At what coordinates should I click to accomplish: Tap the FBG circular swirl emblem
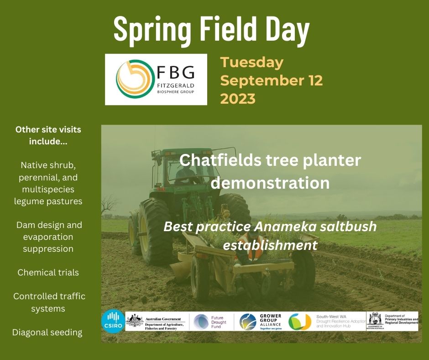(133, 79)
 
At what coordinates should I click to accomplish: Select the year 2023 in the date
(238, 98)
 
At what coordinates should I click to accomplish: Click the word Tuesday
(252, 62)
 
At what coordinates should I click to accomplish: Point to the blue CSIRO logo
(112, 321)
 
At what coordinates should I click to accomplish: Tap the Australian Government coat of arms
(135, 321)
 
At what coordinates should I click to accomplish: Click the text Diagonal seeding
(47, 332)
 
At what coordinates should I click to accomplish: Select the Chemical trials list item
(48, 272)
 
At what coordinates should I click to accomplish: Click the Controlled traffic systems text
(49, 302)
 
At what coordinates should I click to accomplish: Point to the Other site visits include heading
(48, 135)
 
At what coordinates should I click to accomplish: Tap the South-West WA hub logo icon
(300, 321)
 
